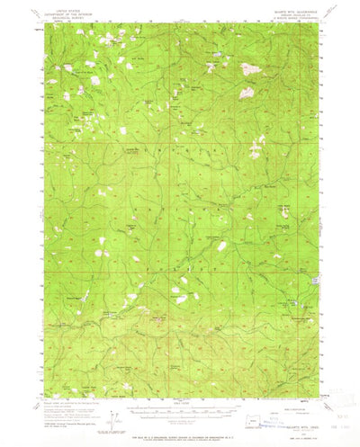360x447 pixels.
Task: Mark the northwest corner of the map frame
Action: coord(43,31)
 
